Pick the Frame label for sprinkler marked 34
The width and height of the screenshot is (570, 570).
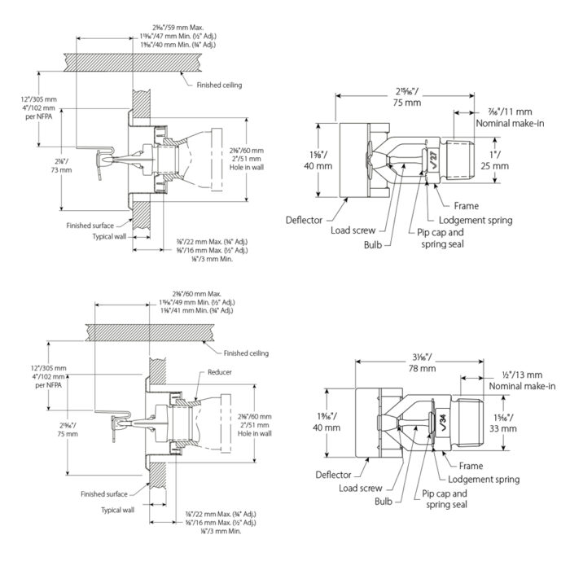(x=471, y=467)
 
